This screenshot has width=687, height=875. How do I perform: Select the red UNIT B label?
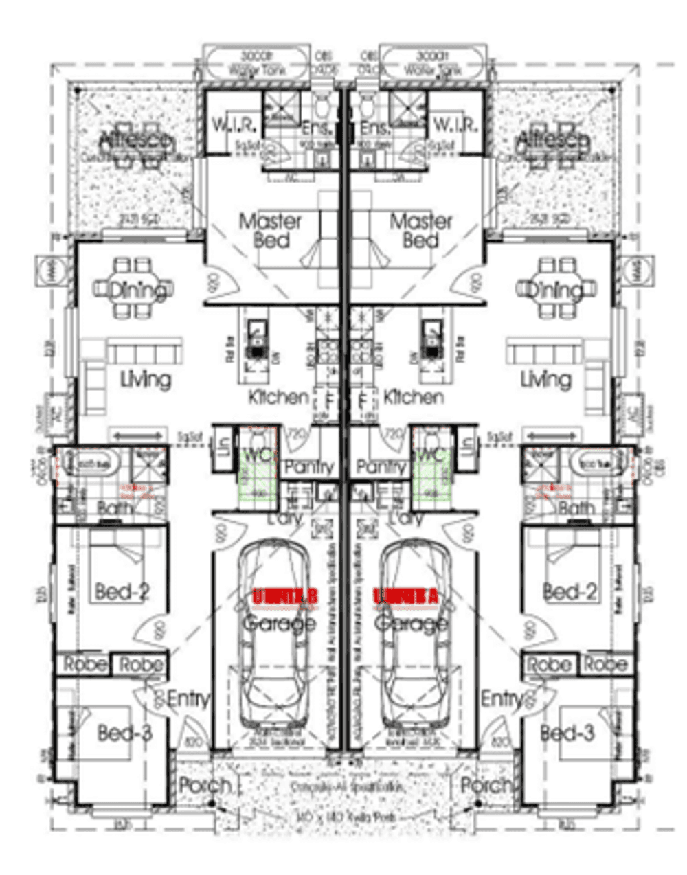[284, 596]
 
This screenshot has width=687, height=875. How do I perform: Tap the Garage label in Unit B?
[279, 623]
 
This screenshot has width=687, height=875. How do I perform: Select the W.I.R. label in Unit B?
[234, 125]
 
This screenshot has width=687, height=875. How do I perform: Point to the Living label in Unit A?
[545, 379]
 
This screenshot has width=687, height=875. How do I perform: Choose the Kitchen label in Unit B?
[278, 397]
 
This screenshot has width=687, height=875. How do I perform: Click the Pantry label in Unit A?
[382, 467]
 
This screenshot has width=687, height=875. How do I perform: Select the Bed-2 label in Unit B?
[123, 591]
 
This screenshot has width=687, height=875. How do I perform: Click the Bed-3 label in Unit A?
[567, 733]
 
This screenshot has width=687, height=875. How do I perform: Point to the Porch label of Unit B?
[204, 784]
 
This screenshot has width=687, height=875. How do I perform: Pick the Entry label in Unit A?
[502, 699]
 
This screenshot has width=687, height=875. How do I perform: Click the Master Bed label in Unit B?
[270, 231]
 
